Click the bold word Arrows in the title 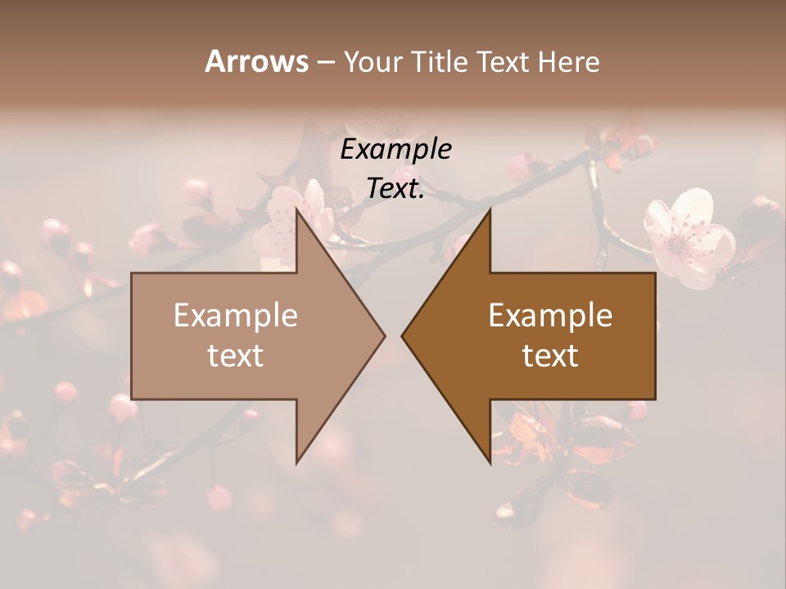256,61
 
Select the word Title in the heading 440,61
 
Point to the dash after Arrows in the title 325,62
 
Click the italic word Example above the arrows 395,150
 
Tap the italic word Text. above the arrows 395,189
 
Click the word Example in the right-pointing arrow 236,316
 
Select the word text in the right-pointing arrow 236,356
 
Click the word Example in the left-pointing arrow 550,316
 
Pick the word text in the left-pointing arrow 550,356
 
